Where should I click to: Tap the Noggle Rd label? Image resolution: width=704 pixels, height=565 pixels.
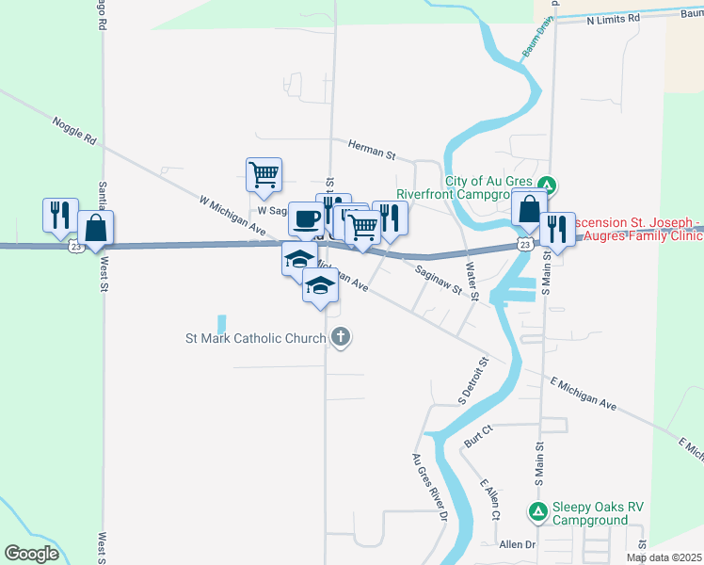point(74,131)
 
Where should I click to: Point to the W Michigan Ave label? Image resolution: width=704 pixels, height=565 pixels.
point(230,213)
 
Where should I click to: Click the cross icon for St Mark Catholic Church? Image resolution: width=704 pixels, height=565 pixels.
point(341,336)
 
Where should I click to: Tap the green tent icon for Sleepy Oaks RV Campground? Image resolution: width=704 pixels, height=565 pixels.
point(537,512)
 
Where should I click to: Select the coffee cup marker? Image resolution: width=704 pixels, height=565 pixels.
point(306,218)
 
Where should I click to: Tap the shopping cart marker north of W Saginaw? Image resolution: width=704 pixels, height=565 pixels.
point(264,173)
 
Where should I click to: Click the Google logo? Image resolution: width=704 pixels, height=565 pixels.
point(31,554)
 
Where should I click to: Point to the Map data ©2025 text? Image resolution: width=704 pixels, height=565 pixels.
point(664,557)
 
